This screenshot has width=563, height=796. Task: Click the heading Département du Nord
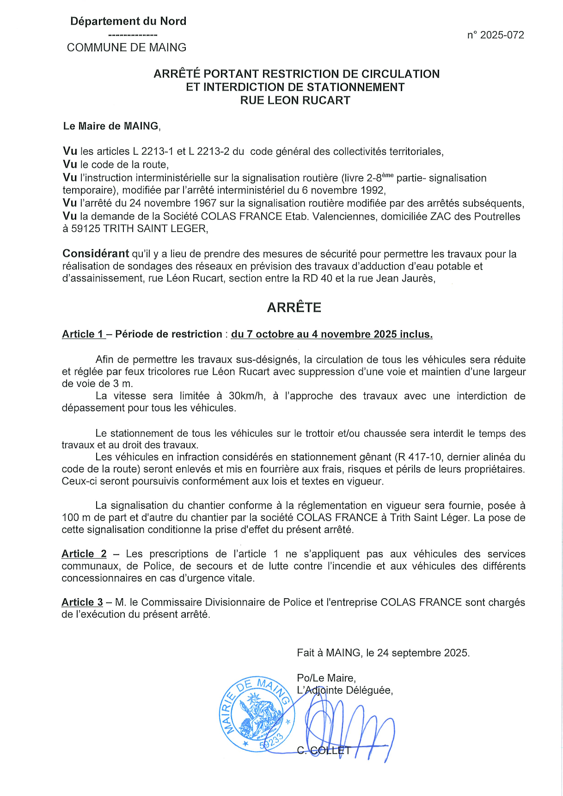pyautogui.click(x=128, y=21)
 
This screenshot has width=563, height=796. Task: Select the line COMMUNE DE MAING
pyautogui.click(x=127, y=48)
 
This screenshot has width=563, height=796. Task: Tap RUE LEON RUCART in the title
pyautogui.click(x=295, y=100)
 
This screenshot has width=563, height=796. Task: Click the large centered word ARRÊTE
pyautogui.click(x=294, y=307)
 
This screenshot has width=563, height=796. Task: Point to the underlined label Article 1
pyautogui.click(x=83, y=334)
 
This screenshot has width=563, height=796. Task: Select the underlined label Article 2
pyautogui.click(x=84, y=554)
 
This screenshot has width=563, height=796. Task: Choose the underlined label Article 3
pyautogui.click(x=82, y=602)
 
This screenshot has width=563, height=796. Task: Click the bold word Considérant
pyautogui.click(x=96, y=254)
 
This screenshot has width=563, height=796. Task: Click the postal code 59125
pyautogui.click(x=86, y=229)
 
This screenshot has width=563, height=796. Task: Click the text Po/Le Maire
pyautogui.click(x=326, y=678)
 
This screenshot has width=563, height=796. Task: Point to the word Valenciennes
pyautogui.click(x=344, y=216)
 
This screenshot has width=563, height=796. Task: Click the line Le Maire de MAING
pyautogui.click(x=111, y=126)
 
